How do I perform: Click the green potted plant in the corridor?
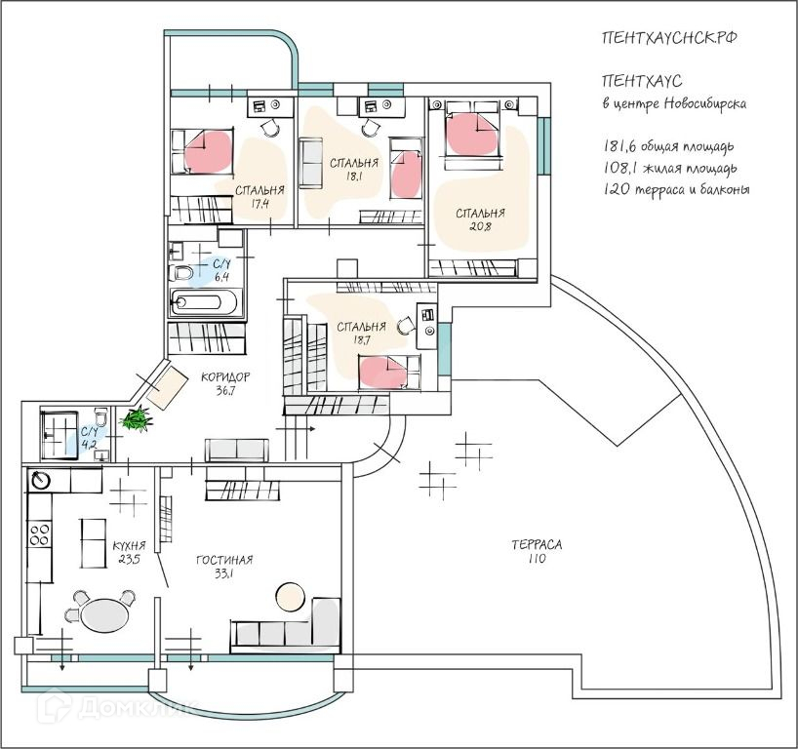click(x=136, y=418)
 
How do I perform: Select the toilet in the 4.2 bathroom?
click(x=101, y=417)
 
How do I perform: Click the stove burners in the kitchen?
click(x=39, y=534)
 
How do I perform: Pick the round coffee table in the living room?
click(x=290, y=596)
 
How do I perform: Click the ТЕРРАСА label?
click(x=537, y=544)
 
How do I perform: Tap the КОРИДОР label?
click(x=225, y=377)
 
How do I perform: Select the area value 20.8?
click(x=480, y=227)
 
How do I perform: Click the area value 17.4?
click(x=259, y=204)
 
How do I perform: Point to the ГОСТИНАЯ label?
click(x=224, y=560)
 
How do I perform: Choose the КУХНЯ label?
click(x=129, y=546)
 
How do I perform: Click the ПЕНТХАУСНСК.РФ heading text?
click(x=670, y=38)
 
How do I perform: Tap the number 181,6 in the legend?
click(x=618, y=146)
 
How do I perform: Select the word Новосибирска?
click(x=705, y=103)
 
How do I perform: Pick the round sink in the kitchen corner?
click(x=41, y=480)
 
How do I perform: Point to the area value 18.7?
click(x=361, y=340)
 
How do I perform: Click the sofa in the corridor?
click(x=237, y=451)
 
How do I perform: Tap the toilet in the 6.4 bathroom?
click(x=180, y=273)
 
